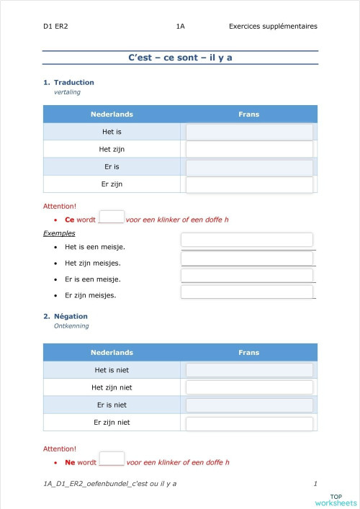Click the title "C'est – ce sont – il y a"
180,58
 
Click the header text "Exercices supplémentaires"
272,27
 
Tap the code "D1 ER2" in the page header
55,27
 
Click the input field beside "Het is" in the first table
249,132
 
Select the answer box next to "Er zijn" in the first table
249,185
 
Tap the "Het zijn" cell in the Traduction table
112,149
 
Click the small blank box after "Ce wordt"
111,217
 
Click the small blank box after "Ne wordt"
111,459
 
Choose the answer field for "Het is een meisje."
247,240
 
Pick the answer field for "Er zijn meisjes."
247,292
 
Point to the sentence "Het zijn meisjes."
92,263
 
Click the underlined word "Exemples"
59,233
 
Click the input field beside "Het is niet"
249,370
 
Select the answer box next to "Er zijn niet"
249,423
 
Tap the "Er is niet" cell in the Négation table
112,405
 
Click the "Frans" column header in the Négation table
248,352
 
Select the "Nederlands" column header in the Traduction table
112,114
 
